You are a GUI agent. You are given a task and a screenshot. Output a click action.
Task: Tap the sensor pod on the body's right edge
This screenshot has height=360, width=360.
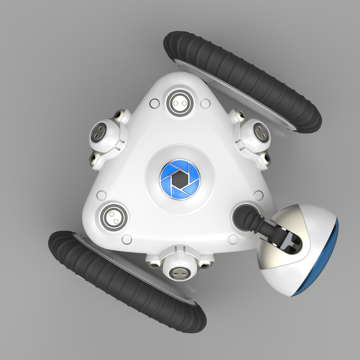(254, 135)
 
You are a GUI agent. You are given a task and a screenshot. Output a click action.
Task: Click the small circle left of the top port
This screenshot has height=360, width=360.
(153, 104)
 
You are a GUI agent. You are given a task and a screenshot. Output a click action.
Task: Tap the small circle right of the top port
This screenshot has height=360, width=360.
(205, 104)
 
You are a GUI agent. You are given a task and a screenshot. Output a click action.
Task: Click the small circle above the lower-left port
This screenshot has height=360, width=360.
(102, 195)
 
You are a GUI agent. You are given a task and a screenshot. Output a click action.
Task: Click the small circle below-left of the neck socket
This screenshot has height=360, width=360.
(232, 239)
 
